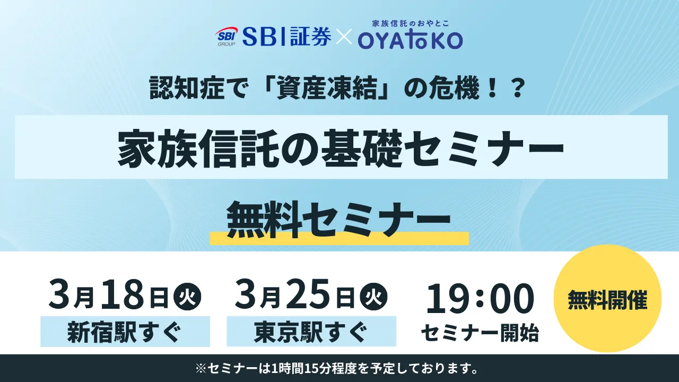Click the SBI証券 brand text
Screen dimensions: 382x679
(x=287, y=37)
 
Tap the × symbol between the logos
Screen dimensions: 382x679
(x=344, y=38)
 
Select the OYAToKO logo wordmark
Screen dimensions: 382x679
(x=410, y=40)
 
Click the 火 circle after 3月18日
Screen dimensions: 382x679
(x=187, y=296)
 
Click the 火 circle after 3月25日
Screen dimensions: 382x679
(x=373, y=296)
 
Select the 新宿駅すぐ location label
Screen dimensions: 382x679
(x=125, y=333)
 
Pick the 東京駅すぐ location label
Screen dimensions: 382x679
(x=311, y=333)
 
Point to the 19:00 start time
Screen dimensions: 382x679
(x=480, y=298)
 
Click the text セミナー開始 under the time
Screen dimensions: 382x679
(x=480, y=333)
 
